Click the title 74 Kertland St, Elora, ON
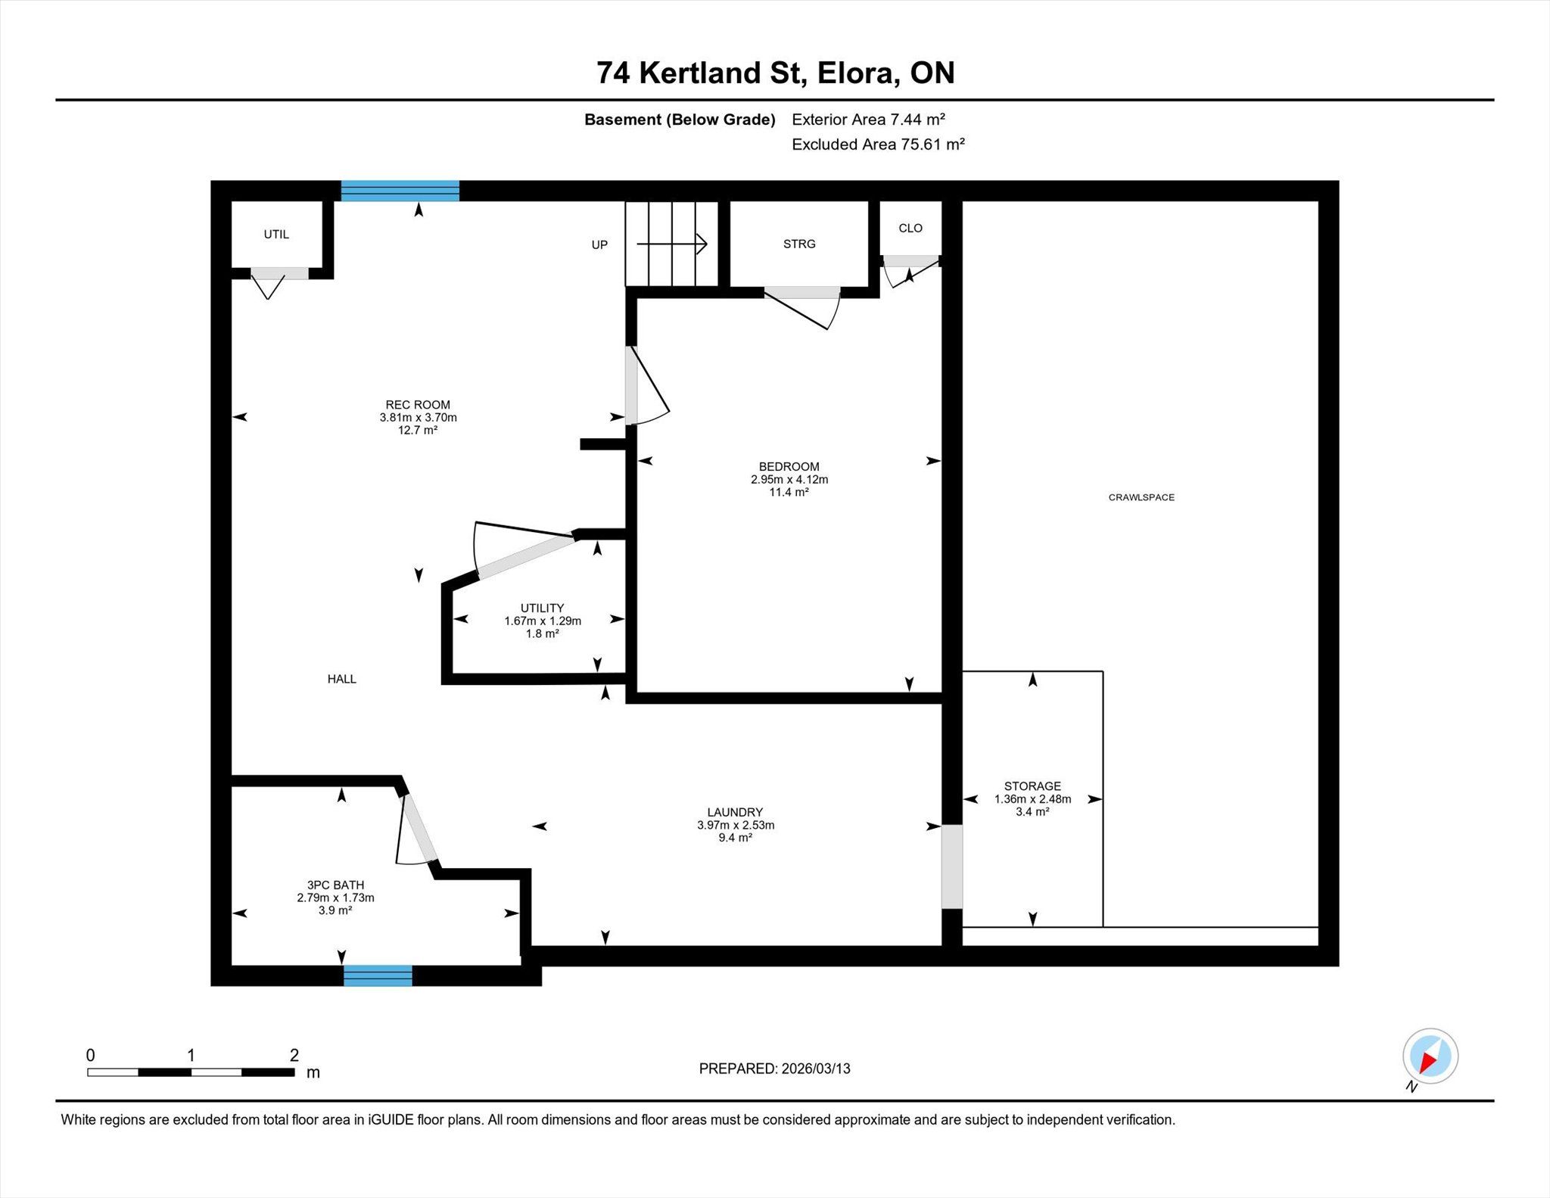[x=775, y=73]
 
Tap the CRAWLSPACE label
[x=1141, y=497]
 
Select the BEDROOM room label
[x=789, y=466]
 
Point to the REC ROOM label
[x=418, y=405]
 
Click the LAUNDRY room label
[x=735, y=812]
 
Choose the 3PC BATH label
[x=335, y=885]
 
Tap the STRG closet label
[x=799, y=244]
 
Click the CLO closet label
[x=910, y=228]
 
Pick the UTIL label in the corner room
[x=276, y=235]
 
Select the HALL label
[x=341, y=679]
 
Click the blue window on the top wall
[x=400, y=191]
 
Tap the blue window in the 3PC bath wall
[x=378, y=976]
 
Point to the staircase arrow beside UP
[x=672, y=244]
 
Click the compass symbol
[x=1430, y=1056]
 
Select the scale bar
[x=191, y=1072]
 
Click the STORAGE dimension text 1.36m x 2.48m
[x=1032, y=799]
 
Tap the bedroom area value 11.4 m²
[x=789, y=492]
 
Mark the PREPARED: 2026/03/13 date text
[x=775, y=1069]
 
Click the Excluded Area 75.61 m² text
[x=878, y=144]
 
